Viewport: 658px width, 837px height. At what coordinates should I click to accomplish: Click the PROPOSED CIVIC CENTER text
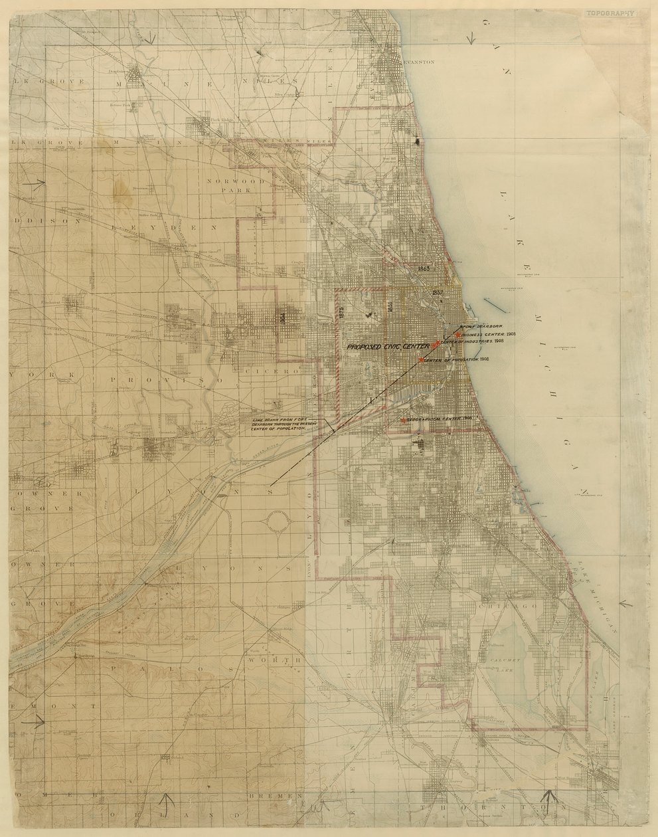click(x=387, y=347)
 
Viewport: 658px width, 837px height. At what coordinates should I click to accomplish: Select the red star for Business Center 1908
click(x=458, y=334)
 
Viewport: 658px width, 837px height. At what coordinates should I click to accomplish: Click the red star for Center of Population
click(x=421, y=360)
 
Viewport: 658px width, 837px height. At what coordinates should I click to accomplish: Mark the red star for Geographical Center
click(x=403, y=420)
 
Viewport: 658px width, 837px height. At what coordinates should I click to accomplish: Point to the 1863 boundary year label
click(x=425, y=268)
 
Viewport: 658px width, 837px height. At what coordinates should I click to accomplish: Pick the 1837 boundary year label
click(x=437, y=292)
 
